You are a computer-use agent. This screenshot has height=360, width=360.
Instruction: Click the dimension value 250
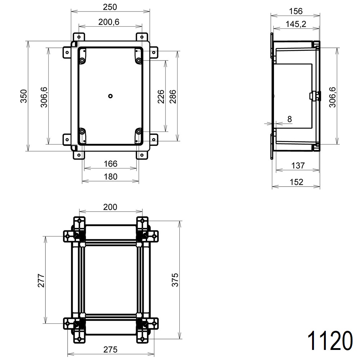(x=110, y=7)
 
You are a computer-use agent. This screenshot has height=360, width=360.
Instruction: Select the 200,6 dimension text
(x=109, y=22)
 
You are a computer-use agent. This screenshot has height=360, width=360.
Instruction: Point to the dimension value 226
(x=161, y=96)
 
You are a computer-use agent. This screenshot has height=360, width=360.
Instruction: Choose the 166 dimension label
(x=110, y=164)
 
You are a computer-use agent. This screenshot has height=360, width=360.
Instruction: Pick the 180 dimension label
(x=110, y=176)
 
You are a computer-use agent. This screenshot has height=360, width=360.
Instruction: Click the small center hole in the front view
(x=111, y=96)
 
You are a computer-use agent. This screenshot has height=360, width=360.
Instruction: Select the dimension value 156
(x=296, y=11)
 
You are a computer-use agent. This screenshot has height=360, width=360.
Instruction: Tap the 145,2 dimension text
(x=296, y=24)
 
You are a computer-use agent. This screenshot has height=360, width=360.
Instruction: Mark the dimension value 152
(x=296, y=182)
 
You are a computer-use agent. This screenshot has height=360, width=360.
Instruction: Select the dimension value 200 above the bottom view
(x=110, y=207)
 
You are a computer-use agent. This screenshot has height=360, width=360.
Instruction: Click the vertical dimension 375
(x=175, y=280)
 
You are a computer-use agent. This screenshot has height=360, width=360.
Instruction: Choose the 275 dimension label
(x=110, y=349)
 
